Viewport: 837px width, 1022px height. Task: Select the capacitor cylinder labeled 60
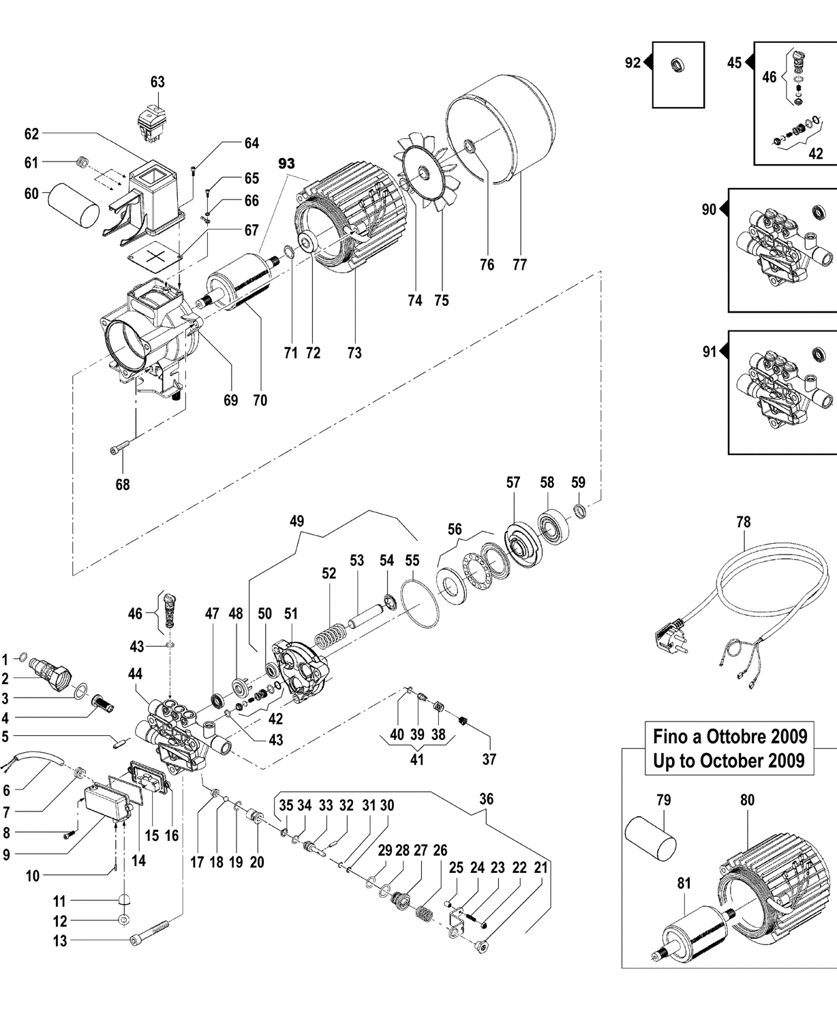(73, 206)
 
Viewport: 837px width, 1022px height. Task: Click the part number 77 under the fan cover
(519, 264)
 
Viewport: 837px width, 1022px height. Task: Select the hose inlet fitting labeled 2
(52, 670)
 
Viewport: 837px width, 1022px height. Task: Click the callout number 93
(286, 164)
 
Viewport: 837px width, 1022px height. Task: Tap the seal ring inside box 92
(678, 65)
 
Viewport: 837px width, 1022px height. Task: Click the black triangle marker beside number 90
(724, 209)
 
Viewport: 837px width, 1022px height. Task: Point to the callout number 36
(486, 799)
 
